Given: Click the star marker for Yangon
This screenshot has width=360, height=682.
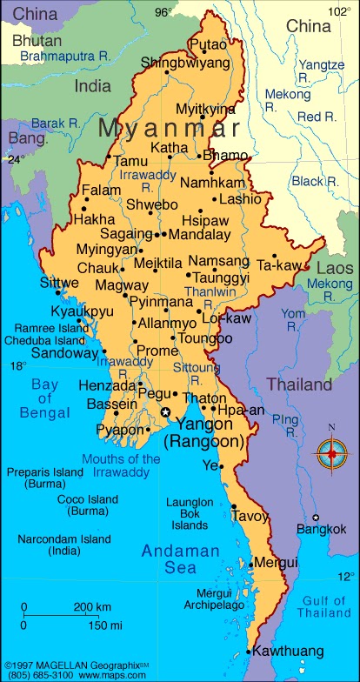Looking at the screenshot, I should pyautogui.click(x=165, y=411).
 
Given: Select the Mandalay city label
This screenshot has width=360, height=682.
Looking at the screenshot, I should pyautogui.click(x=198, y=234).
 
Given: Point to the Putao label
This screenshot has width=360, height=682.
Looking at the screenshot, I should pyautogui.click(x=207, y=43).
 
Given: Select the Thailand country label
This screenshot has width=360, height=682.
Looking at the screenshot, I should pyautogui.click(x=298, y=384).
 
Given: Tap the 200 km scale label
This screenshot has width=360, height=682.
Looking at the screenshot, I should pyautogui.click(x=92, y=606).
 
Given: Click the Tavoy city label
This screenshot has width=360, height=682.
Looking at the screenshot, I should pyautogui.click(x=250, y=516).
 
